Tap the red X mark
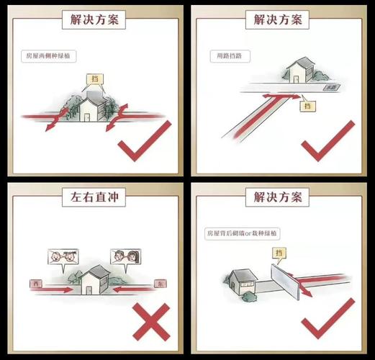(x=150, y=321)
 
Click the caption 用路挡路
(x=230, y=55)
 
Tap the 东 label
(x=160, y=285)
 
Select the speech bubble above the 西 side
(x=60, y=256)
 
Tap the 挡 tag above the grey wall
(x=278, y=252)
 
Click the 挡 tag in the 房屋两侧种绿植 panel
(x=94, y=78)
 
